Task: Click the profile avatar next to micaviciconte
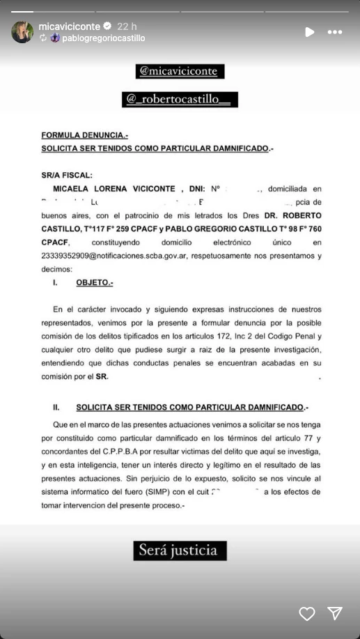22,32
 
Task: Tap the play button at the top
310,32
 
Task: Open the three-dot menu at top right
335,32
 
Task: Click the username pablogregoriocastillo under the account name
103,38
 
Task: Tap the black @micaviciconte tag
180,71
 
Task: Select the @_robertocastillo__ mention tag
180,100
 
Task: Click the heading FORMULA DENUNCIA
85,135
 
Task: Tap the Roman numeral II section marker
57,407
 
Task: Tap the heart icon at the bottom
307,613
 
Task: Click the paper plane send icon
336,613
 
